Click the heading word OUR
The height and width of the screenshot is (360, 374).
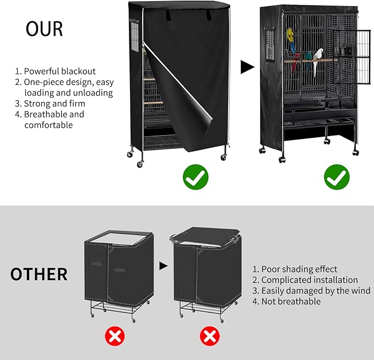click(44, 29)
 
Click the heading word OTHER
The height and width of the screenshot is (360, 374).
click(39, 274)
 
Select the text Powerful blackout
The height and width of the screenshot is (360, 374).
click(59, 71)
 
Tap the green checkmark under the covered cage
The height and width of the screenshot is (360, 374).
click(194, 177)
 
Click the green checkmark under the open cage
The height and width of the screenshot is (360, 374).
click(336, 177)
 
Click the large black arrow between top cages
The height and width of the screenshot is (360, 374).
click(248, 68)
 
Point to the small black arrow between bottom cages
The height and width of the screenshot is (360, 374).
click(163, 266)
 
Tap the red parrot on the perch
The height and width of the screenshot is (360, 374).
click(295, 61)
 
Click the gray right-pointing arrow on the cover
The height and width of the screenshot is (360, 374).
click(96, 265)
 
